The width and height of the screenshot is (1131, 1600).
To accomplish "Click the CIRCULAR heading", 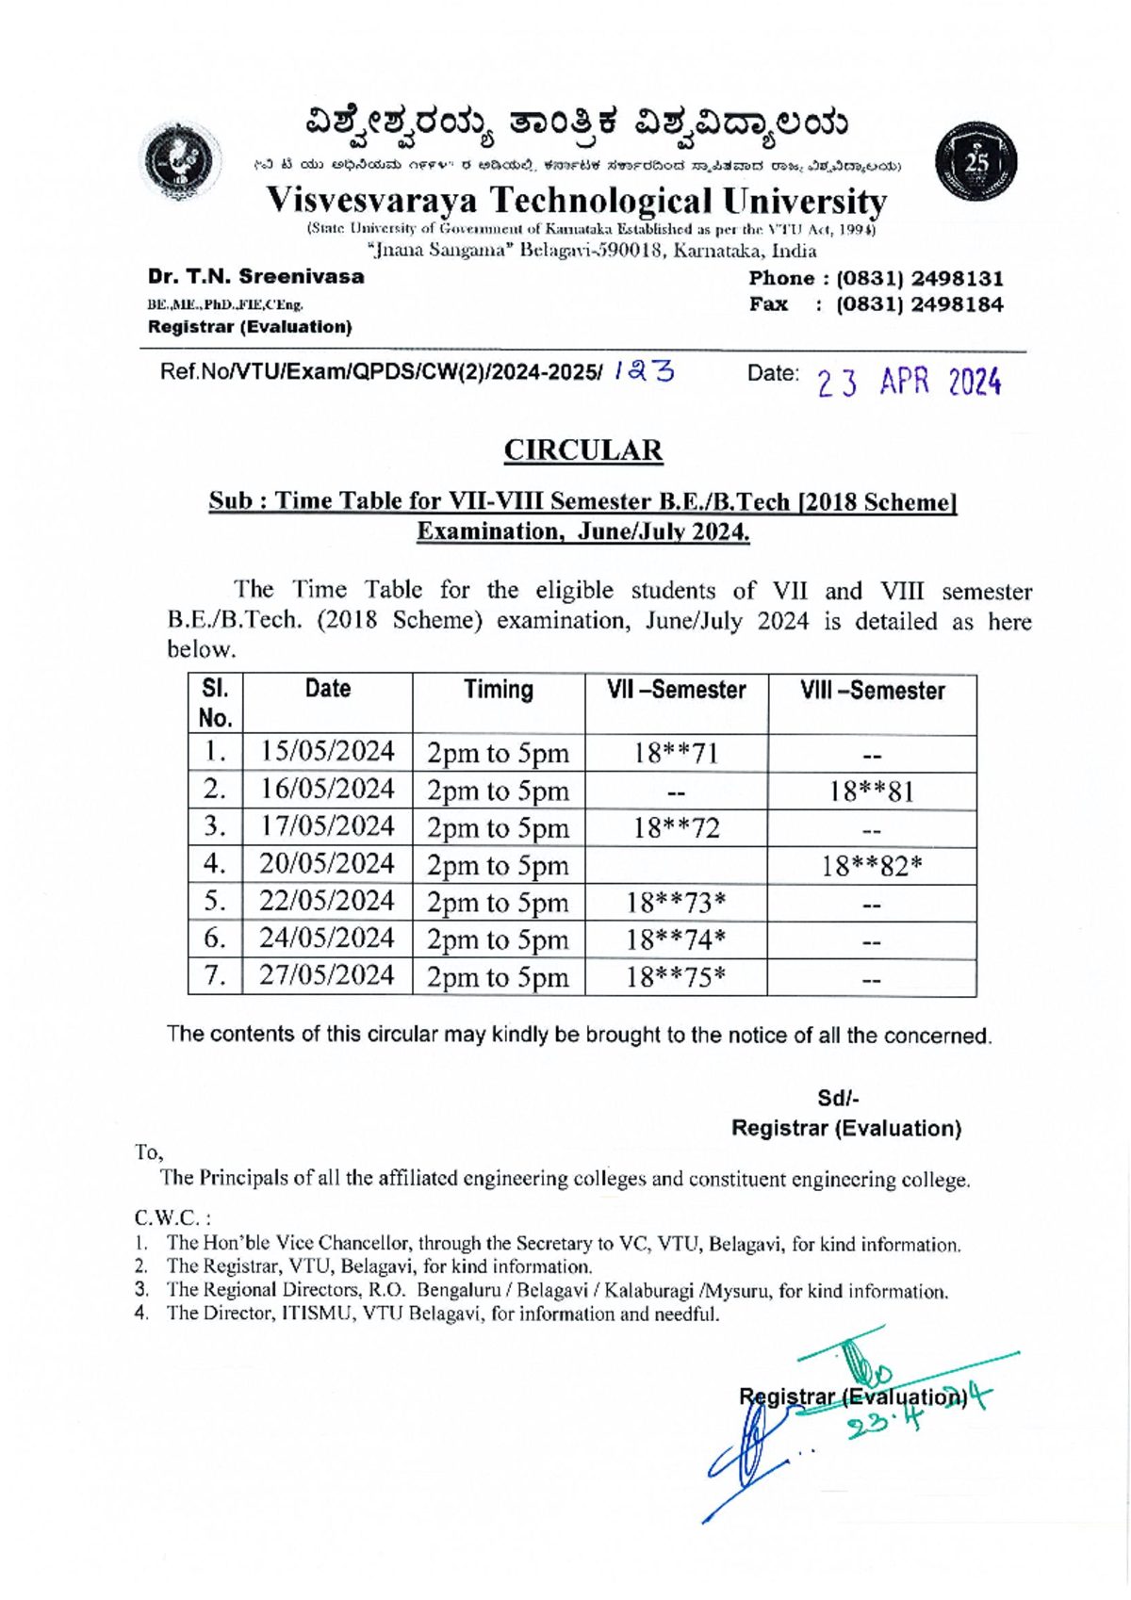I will coord(582,450).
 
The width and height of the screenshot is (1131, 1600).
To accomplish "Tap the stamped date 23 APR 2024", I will coord(908,382).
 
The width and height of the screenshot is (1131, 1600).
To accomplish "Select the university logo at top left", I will coord(180,161).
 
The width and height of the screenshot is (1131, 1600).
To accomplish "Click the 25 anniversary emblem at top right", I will coord(975,161).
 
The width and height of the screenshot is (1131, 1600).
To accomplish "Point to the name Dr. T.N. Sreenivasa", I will coord(255,277).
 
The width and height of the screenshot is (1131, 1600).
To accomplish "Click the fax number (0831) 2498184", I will coord(920,304).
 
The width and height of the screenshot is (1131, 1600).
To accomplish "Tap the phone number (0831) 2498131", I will coord(920,279).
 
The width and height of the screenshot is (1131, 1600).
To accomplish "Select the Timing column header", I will coord(498,690).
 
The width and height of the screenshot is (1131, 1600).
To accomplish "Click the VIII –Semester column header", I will coord(872,691).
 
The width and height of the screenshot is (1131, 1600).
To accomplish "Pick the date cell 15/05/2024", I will coord(327,752).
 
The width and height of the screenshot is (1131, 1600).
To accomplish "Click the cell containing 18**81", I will coord(871,791).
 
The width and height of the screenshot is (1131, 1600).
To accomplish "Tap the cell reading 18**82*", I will coord(871,865).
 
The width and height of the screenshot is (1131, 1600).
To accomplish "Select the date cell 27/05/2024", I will coord(327,975).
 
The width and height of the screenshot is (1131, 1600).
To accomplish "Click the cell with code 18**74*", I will coord(676,939).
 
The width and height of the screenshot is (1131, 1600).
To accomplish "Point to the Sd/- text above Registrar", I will coord(838,1099).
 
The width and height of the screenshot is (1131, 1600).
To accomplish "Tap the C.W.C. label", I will coord(172,1217).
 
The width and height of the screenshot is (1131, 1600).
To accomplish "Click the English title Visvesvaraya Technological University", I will coord(576,200).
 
